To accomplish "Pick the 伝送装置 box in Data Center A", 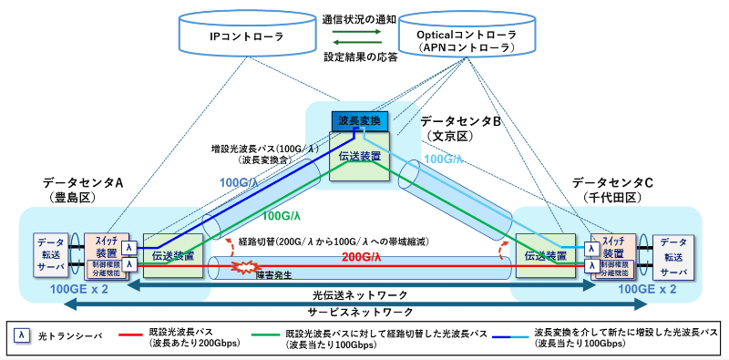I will [173, 256].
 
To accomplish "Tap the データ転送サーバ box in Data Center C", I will [673, 256].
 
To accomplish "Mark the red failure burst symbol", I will [243, 266].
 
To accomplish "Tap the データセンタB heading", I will [461, 121].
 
